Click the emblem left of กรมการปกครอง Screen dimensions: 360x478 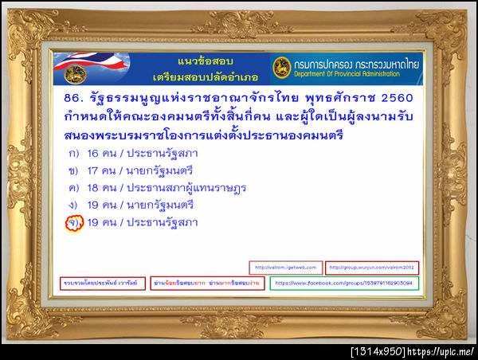281,68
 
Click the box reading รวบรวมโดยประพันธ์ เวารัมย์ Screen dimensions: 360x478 103,283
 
